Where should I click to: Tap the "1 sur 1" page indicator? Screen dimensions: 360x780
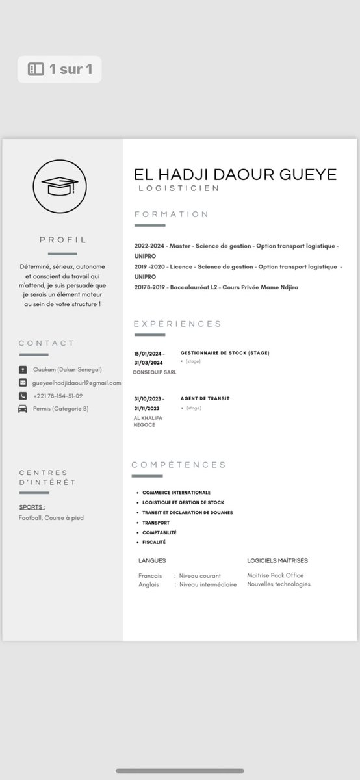pyautogui.click(x=60, y=69)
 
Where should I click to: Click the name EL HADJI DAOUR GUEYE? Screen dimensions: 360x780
pyautogui.click(x=235, y=174)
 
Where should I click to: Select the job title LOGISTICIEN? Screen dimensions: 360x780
pyautogui.click(x=179, y=188)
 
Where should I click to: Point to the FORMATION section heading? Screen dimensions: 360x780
pyautogui.click(x=172, y=214)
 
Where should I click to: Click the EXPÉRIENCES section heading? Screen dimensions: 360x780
pyautogui.click(x=178, y=324)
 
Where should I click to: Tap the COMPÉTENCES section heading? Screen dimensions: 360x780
pyautogui.click(x=179, y=465)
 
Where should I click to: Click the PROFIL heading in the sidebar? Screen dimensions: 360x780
pyautogui.click(x=63, y=240)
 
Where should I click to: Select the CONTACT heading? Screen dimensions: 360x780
pyautogui.click(x=47, y=343)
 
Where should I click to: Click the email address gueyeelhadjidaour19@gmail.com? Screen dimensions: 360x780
pyautogui.click(x=77, y=383)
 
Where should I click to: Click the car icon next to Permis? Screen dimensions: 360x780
pyautogui.click(x=23, y=409)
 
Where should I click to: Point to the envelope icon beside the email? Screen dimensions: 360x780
pyautogui.click(x=23, y=383)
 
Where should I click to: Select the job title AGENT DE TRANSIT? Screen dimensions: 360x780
pyautogui.click(x=205, y=398)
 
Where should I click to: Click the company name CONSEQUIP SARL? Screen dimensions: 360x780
pyautogui.click(x=154, y=372)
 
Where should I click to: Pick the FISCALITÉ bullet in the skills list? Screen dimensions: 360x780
pyautogui.click(x=154, y=542)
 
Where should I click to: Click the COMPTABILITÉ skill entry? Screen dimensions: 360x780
pyautogui.click(x=160, y=532)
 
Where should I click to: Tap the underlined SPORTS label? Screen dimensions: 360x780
pyautogui.click(x=32, y=506)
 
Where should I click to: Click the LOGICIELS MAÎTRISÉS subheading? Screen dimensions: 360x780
pyautogui.click(x=277, y=560)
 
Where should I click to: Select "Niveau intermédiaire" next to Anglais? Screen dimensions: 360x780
pyautogui.click(x=208, y=584)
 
